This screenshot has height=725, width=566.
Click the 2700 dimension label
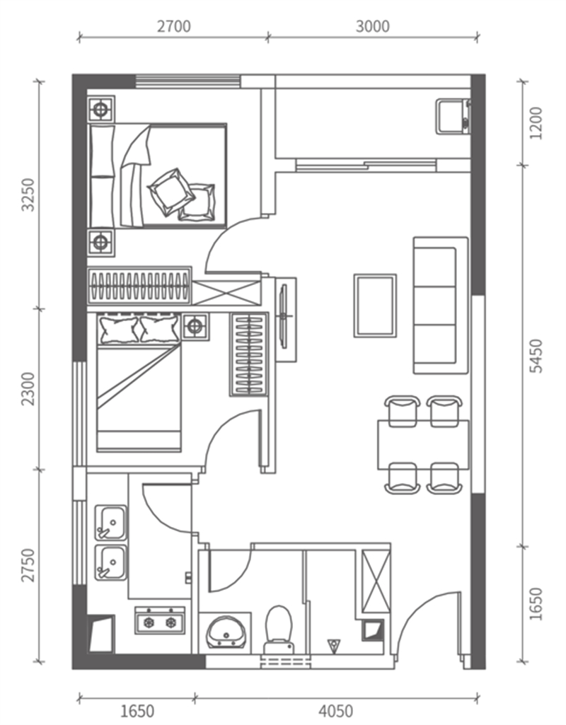[x=173, y=26]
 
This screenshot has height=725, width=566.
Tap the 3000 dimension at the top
[x=372, y=26]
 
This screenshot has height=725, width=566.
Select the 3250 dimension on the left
[x=29, y=195]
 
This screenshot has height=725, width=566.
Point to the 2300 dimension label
[x=29, y=389]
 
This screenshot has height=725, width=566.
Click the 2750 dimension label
[x=29, y=565]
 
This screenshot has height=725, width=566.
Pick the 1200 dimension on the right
[x=536, y=123]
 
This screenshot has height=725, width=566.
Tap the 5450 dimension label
[x=536, y=356]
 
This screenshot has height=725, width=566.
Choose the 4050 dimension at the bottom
[x=336, y=711]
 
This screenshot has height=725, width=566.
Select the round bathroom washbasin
[x=226, y=632]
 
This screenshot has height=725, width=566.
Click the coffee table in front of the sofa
[x=375, y=306]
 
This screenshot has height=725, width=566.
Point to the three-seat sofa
[x=441, y=305]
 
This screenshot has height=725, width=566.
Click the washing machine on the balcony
[x=454, y=116]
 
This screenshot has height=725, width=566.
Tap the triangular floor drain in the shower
[x=333, y=646]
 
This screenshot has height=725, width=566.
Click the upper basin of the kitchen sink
[x=110, y=523]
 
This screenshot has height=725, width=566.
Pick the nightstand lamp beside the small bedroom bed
[x=195, y=327]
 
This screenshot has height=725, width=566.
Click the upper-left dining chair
[x=403, y=410]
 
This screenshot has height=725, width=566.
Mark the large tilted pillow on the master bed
[x=171, y=191]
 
